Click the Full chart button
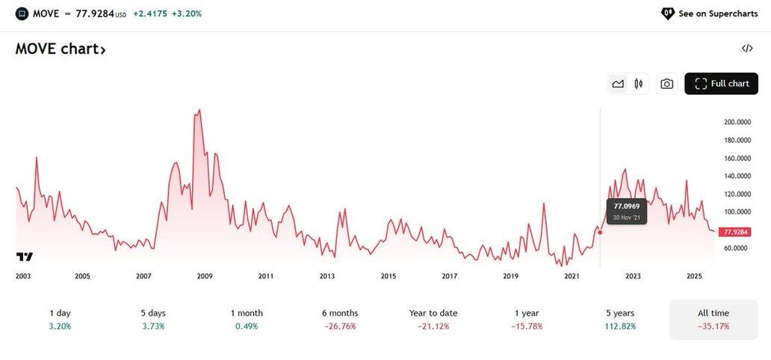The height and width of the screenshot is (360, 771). coord(721,84)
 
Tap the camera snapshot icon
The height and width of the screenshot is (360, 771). coord(667,84)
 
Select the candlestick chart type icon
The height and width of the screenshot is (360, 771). coord(638,84)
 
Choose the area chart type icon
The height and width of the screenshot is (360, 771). coord(618,84)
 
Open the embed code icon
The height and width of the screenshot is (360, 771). coord(747,49)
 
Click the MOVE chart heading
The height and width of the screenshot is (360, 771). coord(61,49)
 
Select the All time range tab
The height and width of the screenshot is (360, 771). coord(713,319)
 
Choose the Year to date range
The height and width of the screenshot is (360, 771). coord(433,319)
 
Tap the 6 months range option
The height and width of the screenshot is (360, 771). coord(340,319)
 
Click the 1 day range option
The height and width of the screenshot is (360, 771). coord(61,319)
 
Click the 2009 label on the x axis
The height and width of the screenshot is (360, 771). coord(205,276)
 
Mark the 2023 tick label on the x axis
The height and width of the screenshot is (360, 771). coord(633,276)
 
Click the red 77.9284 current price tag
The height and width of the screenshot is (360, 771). coord(734,232)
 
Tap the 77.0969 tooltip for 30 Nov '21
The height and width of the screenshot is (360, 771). coord(626,211)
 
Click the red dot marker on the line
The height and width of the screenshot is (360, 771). coord(600,232)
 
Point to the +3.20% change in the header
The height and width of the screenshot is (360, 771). coord(188,13)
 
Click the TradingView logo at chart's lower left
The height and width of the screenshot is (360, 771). coord(25,257)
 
